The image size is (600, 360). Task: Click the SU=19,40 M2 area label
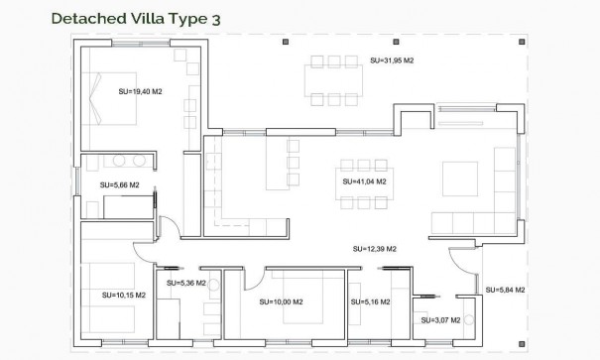click(139, 92)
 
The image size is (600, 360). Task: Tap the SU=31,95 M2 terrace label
click(391, 60)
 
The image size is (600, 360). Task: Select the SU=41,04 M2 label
click(363, 182)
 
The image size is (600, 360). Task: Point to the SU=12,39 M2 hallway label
click(375, 248)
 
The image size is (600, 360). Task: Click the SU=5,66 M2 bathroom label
click(120, 185)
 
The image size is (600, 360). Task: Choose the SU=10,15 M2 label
click(124, 295)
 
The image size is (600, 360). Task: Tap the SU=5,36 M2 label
click(186, 283)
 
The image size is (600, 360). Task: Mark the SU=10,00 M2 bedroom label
click(281, 301)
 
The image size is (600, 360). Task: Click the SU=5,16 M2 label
click(370, 301)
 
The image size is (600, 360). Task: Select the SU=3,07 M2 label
click(441, 320)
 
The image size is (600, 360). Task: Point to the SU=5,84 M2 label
click(505, 290)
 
